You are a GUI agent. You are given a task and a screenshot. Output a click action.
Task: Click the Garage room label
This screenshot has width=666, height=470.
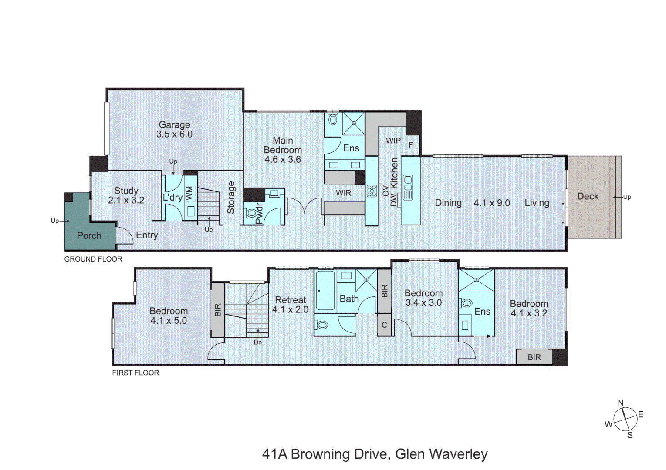pyautogui.click(x=174, y=124)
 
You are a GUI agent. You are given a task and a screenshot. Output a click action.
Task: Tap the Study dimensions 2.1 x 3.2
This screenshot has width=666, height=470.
pyautogui.click(x=126, y=200)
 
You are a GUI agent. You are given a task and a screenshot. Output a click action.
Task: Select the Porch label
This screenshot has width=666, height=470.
pyautogui.click(x=89, y=235)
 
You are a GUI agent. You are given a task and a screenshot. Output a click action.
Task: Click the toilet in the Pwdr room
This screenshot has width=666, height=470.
pyautogui.click(x=252, y=213)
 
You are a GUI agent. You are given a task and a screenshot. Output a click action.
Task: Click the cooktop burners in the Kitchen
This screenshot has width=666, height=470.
pyautogui.click(x=372, y=191)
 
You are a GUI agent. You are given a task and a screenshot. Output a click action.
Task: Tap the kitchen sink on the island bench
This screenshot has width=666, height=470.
pyautogui.click(x=408, y=187)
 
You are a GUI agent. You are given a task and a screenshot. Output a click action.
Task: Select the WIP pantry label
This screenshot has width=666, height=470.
pyautogui.click(x=393, y=141)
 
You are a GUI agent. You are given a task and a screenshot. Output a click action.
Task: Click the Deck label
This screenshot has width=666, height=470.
pyautogui.click(x=588, y=196)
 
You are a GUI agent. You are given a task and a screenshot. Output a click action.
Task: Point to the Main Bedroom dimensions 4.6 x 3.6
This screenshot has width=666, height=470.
pyautogui.click(x=282, y=159)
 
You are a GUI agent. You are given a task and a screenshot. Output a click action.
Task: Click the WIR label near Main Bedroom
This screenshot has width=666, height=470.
pyautogui.click(x=343, y=193)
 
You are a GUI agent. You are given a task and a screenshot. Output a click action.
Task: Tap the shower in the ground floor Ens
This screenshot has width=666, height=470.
pyautogui.click(x=353, y=123)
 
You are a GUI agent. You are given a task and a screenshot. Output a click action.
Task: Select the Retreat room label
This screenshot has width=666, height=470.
pyautogui.click(x=290, y=300)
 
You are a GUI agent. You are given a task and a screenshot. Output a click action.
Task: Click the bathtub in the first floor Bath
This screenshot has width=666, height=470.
pyautogui.click(x=325, y=291)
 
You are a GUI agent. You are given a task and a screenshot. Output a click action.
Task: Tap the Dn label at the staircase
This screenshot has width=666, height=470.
pyautogui.click(x=258, y=342)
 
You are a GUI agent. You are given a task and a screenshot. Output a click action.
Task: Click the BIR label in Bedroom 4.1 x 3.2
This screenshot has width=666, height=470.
pyautogui.click(x=534, y=357)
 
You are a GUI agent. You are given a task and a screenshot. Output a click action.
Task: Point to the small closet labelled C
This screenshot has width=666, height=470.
pyautogui.click(x=384, y=325)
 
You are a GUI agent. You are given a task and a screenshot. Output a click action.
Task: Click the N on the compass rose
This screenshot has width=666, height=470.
pyautogui.click(x=621, y=403)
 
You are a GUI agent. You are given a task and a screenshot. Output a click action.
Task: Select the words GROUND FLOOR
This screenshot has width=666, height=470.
pyautogui.click(x=93, y=259)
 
